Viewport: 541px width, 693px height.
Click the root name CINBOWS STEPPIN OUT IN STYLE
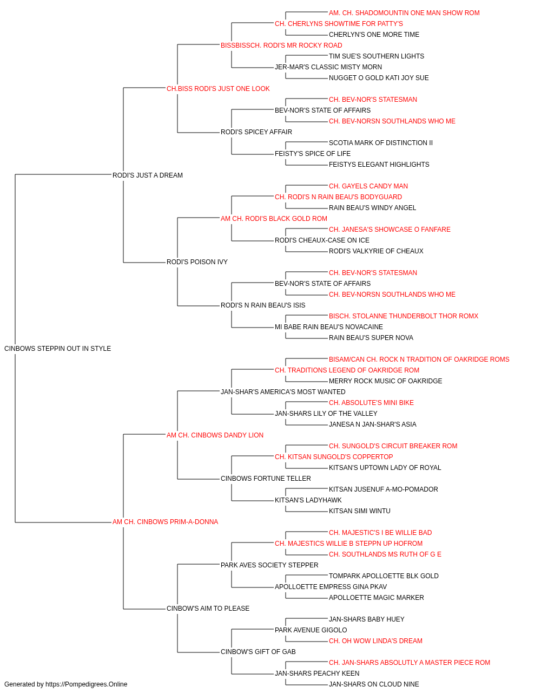(58, 349)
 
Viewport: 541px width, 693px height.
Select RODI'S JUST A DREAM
(148, 175)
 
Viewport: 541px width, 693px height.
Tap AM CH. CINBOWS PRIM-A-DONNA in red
(166, 522)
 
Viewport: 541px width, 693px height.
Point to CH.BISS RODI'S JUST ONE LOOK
(218, 89)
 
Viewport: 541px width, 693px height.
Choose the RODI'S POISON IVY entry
(197, 262)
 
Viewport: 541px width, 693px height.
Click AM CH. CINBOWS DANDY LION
(215, 435)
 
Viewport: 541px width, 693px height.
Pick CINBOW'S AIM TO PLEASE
(208, 609)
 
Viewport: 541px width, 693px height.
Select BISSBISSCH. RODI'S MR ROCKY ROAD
(281, 45)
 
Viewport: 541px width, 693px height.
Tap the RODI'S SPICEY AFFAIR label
(256, 132)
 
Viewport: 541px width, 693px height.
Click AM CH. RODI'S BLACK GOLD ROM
(274, 219)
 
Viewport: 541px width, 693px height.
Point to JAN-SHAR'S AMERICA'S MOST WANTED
(283, 392)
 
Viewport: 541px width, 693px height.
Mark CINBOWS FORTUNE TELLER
(266, 479)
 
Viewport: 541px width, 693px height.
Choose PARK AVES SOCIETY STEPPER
(269, 565)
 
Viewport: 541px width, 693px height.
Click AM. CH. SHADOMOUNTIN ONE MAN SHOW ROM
(404, 13)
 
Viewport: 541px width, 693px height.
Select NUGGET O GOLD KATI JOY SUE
(379, 78)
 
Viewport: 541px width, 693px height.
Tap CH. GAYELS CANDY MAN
(368, 186)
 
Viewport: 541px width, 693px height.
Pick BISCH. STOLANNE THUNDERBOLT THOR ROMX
(404, 316)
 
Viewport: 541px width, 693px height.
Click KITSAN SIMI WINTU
(359, 511)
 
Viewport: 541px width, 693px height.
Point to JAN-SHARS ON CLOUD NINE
(374, 684)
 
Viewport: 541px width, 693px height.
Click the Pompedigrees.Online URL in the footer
(86, 684)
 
